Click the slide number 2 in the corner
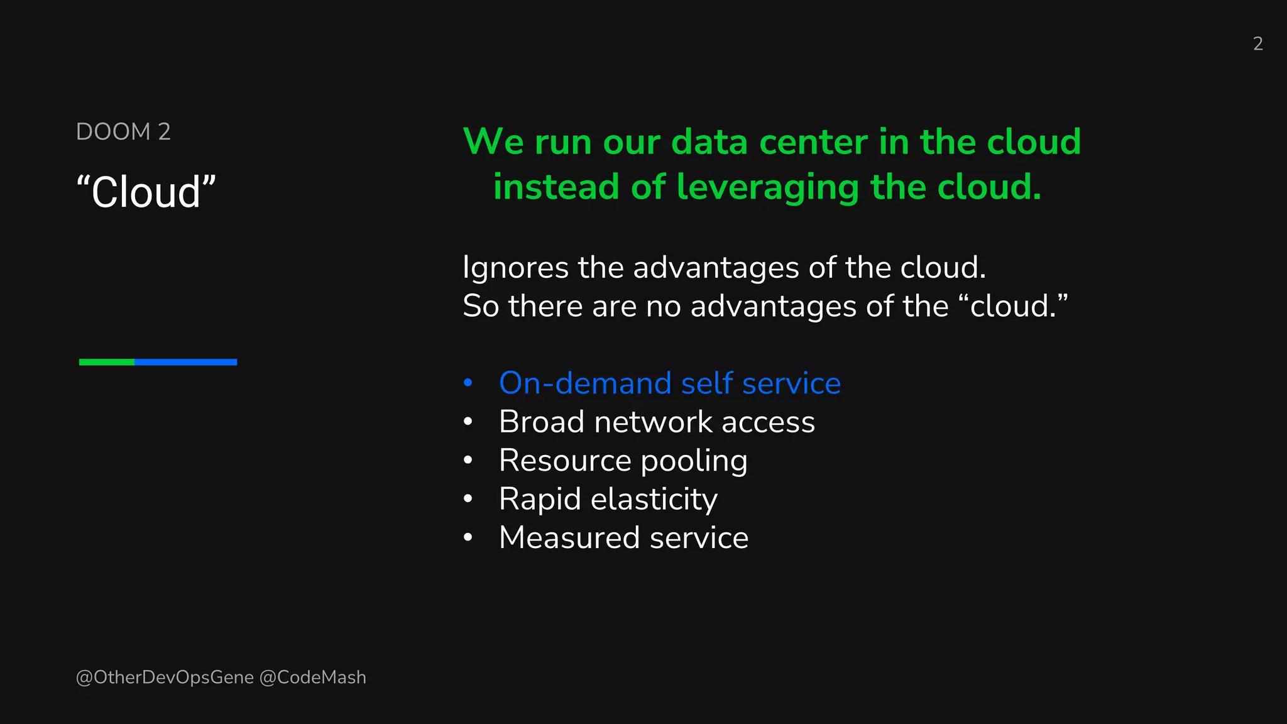[1257, 43]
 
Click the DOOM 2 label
[123, 132]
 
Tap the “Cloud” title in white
[146, 192]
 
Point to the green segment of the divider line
[107, 362]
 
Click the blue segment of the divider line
[185, 362]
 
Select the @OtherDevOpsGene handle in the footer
[165, 677]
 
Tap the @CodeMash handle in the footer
[312, 677]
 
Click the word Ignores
[516, 268]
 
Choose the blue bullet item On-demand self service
[669, 383]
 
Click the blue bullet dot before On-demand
[468, 383]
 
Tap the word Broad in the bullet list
[541, 422]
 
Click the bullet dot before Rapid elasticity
[468, 499]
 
